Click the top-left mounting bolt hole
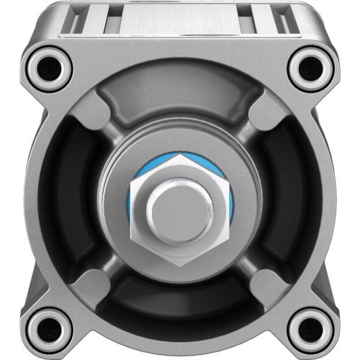tap(48, 68)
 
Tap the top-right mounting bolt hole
tap(310, 68)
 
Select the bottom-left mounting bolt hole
tap(48, 328)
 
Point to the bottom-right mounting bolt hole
tap(310, 328)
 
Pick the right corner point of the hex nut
tap(230, 204)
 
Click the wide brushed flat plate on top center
tap(179, 18)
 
